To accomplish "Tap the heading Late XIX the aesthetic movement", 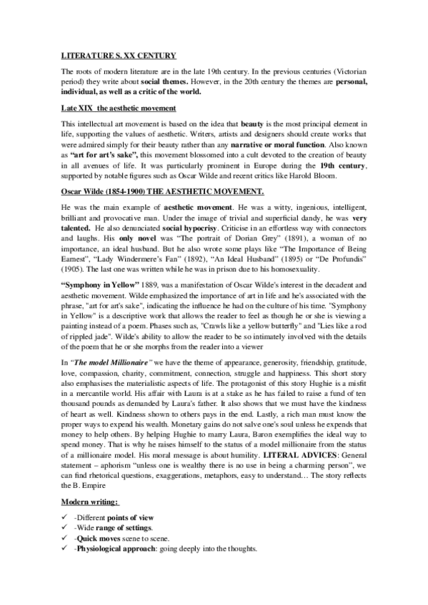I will [x=118, y=108].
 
